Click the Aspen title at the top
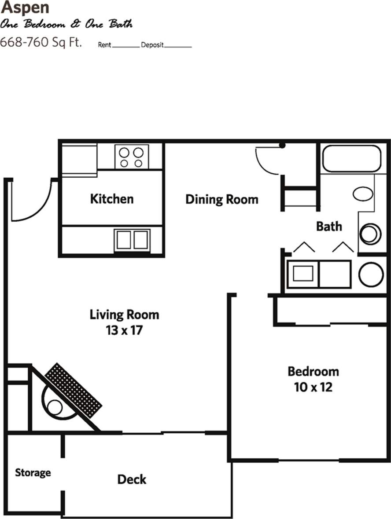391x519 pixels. (25, 7)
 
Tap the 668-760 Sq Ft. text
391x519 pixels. (41, 43)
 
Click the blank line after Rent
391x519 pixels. (126, 46)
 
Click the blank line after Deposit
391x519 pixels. (178, 46)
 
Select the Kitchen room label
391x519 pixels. (111, 199)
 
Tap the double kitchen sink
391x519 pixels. (132, 240)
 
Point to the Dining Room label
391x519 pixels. (221, 199)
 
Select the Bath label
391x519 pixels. (329, 227)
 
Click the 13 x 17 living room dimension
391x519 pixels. (124, 330)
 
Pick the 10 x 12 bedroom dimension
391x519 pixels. (313, 387)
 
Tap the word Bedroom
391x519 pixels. (313, 371)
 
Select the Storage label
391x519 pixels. (33, 473)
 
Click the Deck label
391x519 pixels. (132, 479)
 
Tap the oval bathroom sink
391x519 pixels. (363, 193)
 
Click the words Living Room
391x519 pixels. (124, 314)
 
